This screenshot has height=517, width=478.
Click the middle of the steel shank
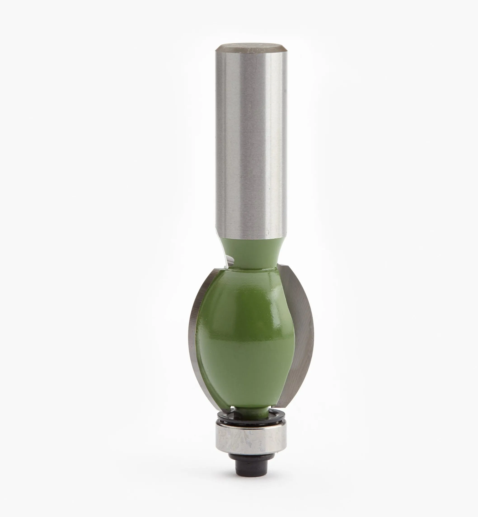251,143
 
